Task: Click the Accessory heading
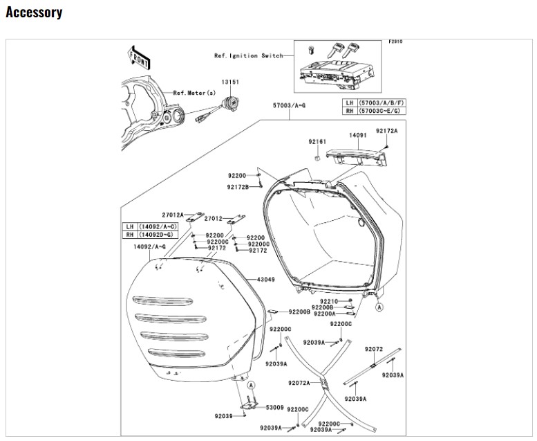[x=34, y=12]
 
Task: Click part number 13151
[x=230, y=82]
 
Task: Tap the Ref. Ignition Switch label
[x=248, y=55]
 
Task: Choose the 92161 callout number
[x=317, y=141]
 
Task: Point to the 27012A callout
[x=173, y=215]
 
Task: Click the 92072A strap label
[x=299, y=382]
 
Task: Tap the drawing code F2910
[x=395, y=42]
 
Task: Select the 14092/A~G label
[x=150, y=246]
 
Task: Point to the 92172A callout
[x=387, y=130]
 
